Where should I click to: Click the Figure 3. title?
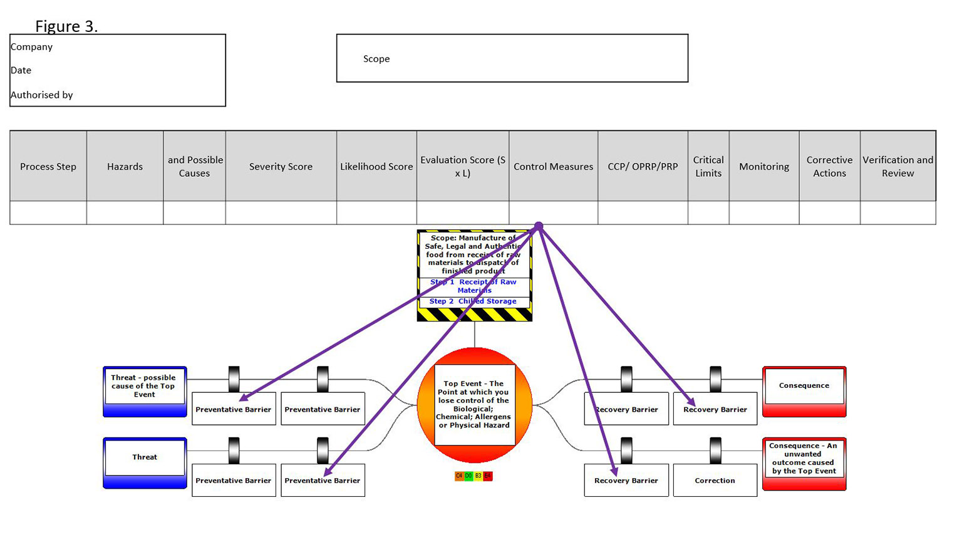[66, 26]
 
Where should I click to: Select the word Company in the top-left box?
[31, 47]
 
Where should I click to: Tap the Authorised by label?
[41, 95]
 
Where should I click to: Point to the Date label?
[21, 70]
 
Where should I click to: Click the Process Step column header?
[48, 167]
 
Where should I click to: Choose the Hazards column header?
[125, 167]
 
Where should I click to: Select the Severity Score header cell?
[281, 167]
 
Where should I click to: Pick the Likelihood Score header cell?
[376, 167]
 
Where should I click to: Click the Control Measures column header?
[553, 167]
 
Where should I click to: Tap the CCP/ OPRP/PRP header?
[643, 167]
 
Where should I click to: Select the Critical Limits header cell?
[708, 167]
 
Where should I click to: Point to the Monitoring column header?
[764, 167]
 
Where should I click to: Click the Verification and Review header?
[897, 167]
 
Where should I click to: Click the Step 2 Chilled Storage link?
[473, 301]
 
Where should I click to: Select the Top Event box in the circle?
[474, 405]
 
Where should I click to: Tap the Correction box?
[715, 481]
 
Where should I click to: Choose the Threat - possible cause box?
[144, 387]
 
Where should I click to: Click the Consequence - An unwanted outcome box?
[804, 459]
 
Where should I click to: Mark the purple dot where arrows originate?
[539, 226]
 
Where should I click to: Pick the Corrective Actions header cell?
[829, 167]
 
